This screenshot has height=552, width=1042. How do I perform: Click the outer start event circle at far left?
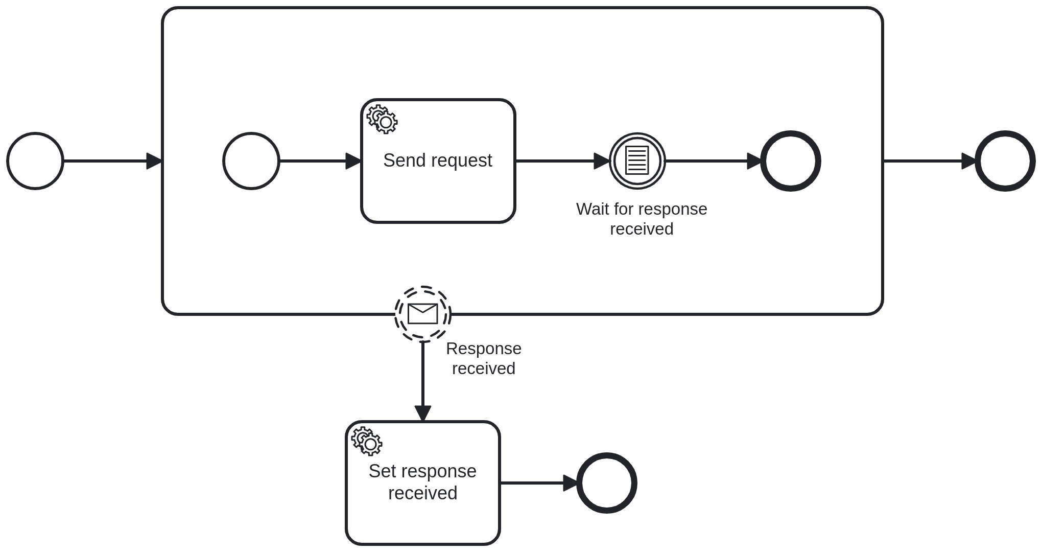[35, 161]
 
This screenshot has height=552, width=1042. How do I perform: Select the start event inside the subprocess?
[251, 161]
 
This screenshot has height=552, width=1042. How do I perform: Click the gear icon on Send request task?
[382, 120]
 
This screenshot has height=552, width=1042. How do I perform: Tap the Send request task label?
[437, 160]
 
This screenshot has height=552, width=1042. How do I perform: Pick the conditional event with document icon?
[637, 161]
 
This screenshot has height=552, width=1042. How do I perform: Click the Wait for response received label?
[642, 219]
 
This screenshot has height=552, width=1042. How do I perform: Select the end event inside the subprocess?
[791, 161]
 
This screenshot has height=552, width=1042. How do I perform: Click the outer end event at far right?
[1005, 161]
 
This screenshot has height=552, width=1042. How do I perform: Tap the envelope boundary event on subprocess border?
[423, 314]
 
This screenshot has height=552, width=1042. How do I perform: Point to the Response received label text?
[483, 358]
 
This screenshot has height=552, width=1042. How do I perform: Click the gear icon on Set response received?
[367, 442]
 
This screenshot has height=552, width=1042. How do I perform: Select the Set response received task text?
[422, 482]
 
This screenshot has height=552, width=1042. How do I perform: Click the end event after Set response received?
[607, 483]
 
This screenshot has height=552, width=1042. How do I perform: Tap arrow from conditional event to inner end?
[713, 161]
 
